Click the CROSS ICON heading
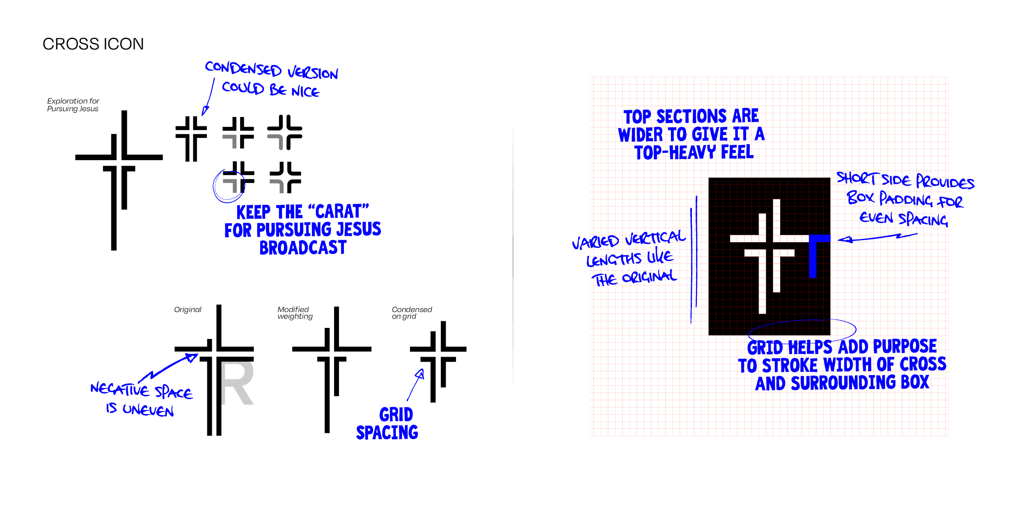[x=93, y=44]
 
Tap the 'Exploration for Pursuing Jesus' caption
[x=73, y=105]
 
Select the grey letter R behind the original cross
[x=237, y=383]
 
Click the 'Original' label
[x=188, y=309]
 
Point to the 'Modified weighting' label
[x=295, y=313]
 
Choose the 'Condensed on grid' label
[x=412, y=313]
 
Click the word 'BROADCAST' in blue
[x=303, y=247]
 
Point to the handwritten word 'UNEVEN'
[x=148, y=410]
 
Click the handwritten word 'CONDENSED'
[x=243, y=69]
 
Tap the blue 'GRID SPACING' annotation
[x=387, y=424]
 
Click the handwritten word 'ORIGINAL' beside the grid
[x=649, y=277]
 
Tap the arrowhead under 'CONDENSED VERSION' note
[x=205, y=111]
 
